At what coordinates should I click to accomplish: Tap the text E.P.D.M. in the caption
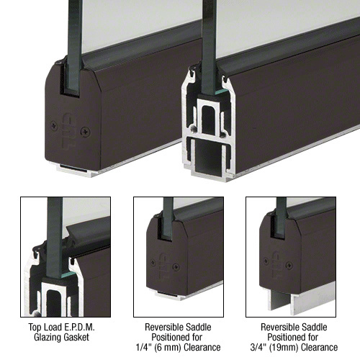tap(80, 327)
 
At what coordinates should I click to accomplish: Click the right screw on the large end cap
tap(86, 131)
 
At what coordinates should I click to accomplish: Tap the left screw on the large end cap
tap(54, 125)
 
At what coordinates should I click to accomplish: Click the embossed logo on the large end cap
tap(69, 130)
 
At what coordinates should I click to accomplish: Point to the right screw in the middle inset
tap(176, 266)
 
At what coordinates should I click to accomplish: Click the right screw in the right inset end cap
tap(289, 266)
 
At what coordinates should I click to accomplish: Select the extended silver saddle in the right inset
tap(300, 301)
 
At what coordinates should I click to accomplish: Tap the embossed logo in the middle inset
tap(165, 267)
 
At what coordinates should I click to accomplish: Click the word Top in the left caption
tap(35, 327)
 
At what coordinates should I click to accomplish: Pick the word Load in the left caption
tap(53, 327)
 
